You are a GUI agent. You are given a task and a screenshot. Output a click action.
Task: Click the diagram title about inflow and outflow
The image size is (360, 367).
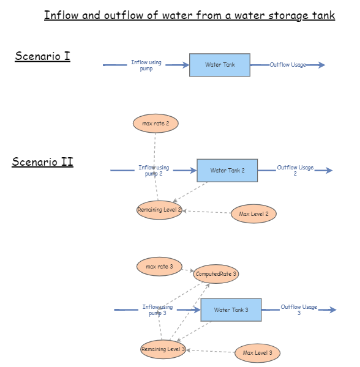click(x=189, y=15)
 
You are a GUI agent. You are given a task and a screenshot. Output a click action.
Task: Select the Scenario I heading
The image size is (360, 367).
click(x=42, y=57)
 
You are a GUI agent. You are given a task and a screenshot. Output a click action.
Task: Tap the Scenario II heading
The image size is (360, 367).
click(x=42, y=162)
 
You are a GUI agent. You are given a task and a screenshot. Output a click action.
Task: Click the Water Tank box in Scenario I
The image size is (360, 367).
click(x=220, y=65)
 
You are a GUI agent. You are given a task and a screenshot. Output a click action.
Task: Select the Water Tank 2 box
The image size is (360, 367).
click(x=227, y=171)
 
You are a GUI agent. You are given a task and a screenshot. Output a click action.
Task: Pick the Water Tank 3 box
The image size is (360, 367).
click(x=231, y=310)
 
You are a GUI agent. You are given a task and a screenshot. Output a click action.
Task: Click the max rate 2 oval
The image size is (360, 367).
click(x=156, y=124)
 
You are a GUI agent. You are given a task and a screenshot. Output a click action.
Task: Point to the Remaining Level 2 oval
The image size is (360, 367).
click(x=159, y=210)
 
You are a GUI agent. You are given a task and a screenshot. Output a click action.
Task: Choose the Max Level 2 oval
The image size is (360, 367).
click(x=253, y=214)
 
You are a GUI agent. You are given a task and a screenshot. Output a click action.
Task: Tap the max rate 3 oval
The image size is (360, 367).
click(x=159, y=267)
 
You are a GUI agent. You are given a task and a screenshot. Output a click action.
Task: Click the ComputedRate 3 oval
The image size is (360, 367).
click(x=216, y=274)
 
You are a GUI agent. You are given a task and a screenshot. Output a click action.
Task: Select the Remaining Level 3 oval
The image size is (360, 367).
click(x=163, y=349)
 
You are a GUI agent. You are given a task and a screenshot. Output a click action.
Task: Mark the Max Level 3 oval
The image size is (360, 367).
click(x=257, y=353)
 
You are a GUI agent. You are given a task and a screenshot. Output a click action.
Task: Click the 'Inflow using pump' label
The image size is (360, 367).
click(x=146, y=65)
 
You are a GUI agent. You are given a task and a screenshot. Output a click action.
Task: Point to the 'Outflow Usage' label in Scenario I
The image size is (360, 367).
click(x=288, y=65)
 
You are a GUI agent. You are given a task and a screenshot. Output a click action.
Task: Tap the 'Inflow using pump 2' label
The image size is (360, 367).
click(x=154, y=171)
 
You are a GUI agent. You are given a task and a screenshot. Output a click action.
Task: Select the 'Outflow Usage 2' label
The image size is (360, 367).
click(x=295, y=171)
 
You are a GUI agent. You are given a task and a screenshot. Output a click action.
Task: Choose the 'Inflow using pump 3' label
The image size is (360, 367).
click(x=157, y=310)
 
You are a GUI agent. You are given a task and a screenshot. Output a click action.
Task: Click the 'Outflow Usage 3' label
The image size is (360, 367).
click(x=299, y=310)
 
